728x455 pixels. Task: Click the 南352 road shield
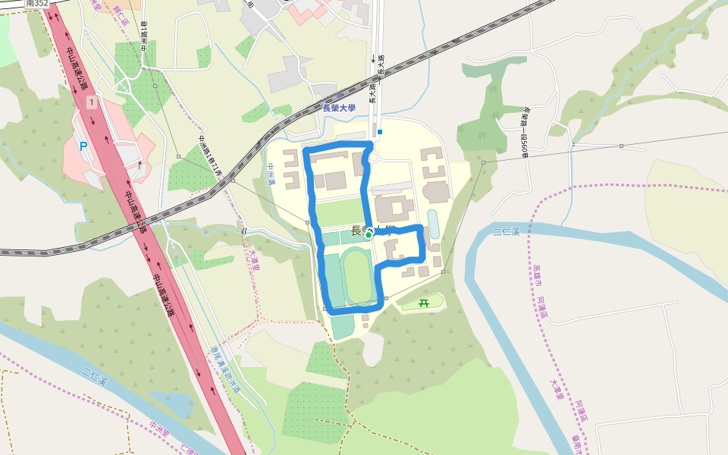pos(36,3)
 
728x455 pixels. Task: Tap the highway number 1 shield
pos(92,102)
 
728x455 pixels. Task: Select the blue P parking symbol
pos(83,146)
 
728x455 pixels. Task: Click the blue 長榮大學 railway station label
pos(339,108)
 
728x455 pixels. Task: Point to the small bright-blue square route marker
pos(380,132)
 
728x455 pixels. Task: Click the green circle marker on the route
pos(369,235)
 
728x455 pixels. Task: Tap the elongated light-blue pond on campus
pos(433,224)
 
